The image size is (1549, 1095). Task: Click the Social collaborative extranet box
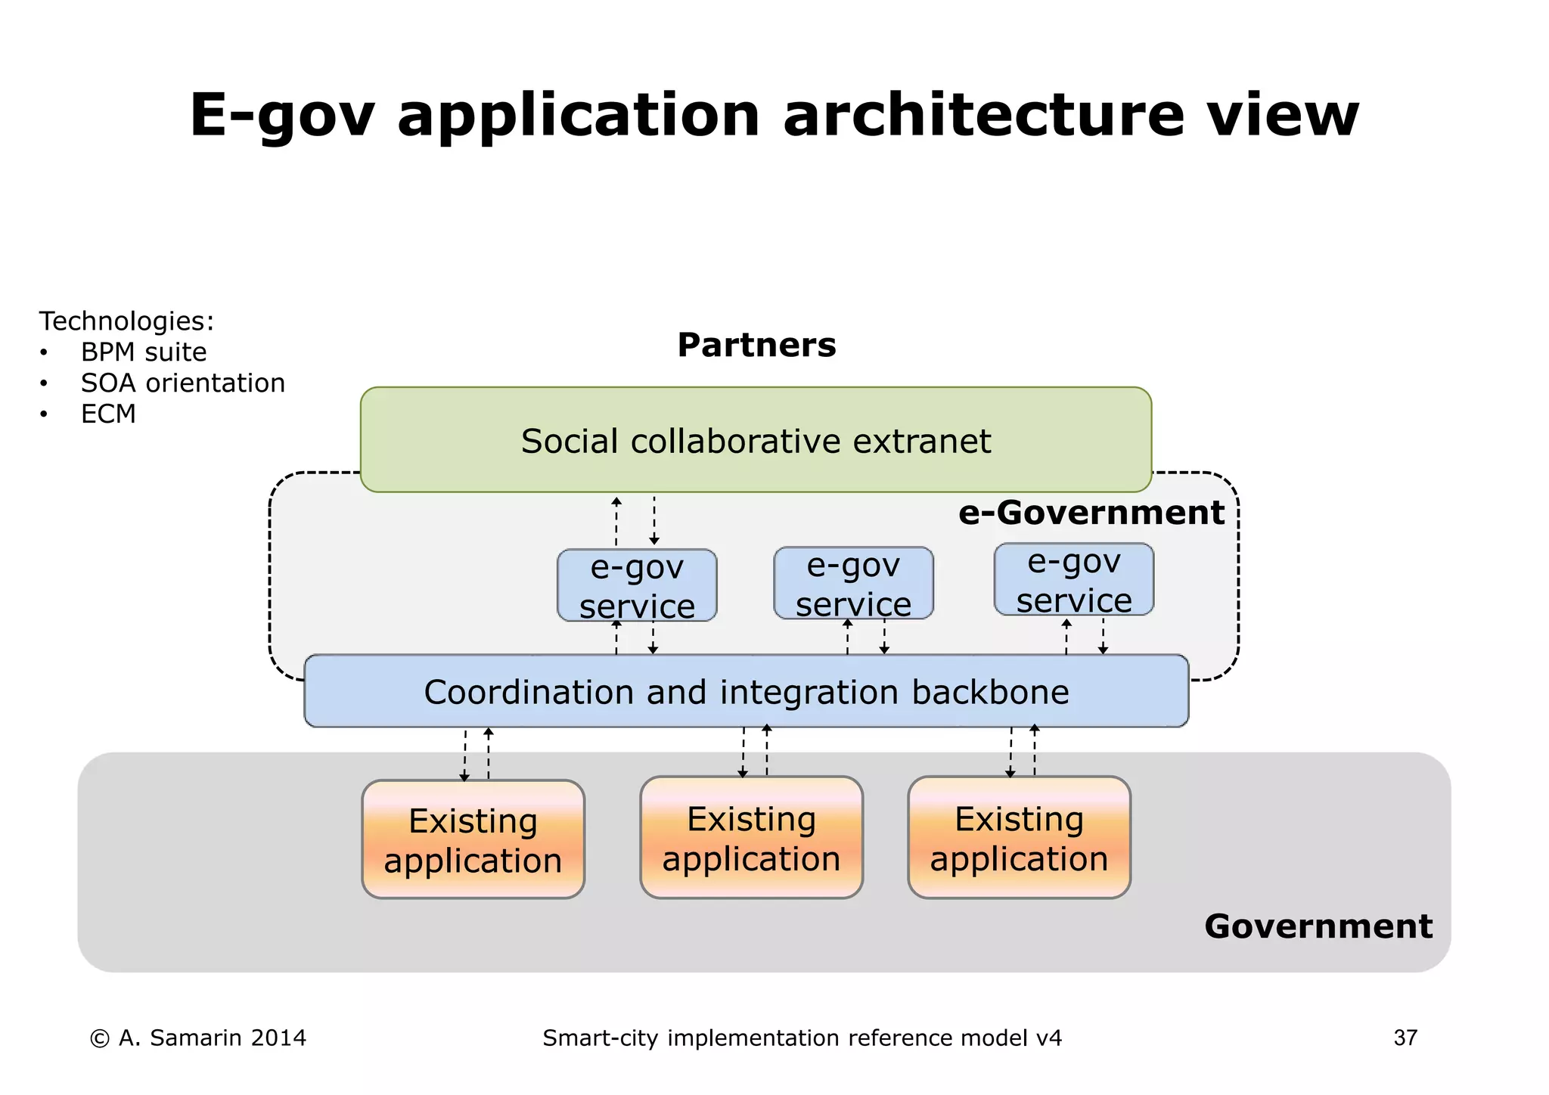756,440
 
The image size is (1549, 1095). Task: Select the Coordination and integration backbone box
746,691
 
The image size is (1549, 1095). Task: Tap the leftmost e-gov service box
637,585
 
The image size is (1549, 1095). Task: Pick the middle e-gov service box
853,583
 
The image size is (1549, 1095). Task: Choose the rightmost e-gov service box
1073,579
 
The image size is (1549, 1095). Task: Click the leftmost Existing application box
473,839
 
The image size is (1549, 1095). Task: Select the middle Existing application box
751,838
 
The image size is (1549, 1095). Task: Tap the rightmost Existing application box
1019,838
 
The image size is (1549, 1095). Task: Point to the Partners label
756,345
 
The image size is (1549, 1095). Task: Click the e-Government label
1091,513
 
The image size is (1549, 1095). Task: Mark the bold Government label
1318,926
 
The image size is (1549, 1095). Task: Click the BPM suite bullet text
144,352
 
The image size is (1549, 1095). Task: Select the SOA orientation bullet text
183,383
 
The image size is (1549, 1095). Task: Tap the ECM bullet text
108,414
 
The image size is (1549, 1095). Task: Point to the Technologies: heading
126,321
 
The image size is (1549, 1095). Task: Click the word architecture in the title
983,115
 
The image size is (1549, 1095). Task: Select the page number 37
1405,1038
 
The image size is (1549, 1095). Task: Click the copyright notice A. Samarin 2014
198,1038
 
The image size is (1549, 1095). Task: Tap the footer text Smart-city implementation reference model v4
802,1038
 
